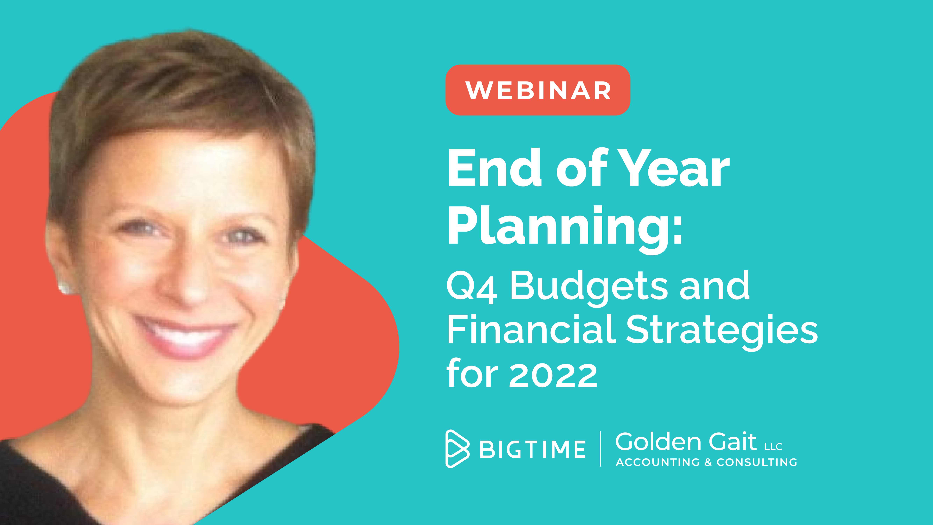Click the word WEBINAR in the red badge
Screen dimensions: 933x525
(538, 90)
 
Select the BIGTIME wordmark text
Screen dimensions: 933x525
(532, 449)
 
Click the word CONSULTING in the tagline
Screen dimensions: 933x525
(757, 462)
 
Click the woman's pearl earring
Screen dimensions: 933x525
(65, 288)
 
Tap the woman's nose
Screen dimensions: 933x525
(188, 283)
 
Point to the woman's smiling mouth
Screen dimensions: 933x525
(185, 335)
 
